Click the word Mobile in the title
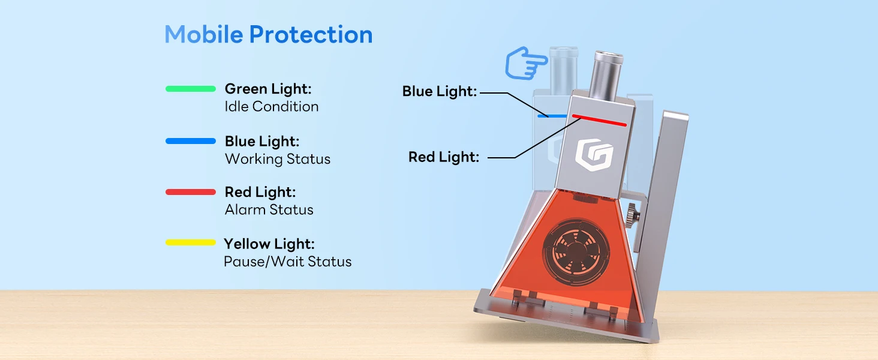point(204,35)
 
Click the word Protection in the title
point(311,35)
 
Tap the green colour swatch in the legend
point(190,89)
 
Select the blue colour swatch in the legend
point(190,141)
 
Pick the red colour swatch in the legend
point(190,192)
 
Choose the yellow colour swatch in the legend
point(190,243)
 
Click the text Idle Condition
point(271,107)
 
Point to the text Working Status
point(277,159)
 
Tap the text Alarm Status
point(269,210)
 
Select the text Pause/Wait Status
point(287,262)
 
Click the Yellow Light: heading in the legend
point(269,244)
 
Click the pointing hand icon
point(526,64)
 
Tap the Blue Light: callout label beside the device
point(439,92)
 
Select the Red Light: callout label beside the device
point(443,157)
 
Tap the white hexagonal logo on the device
point(593,154)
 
